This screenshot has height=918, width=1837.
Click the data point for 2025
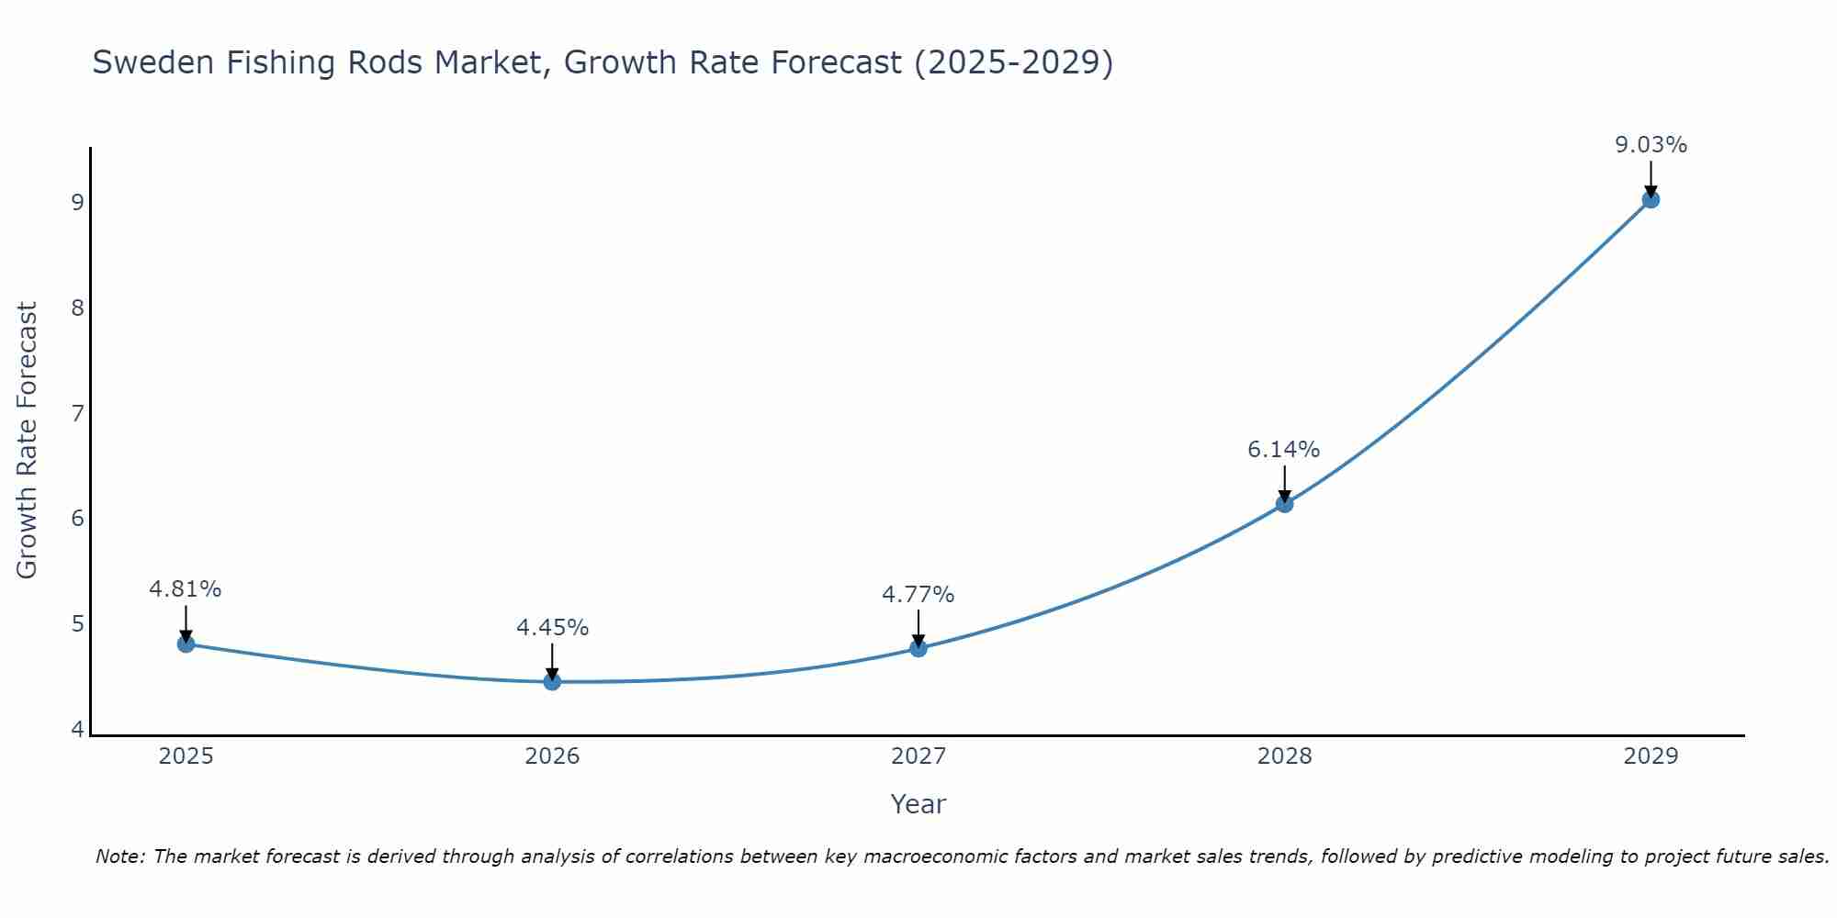(x=186, y=644)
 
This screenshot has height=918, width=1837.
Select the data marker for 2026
(x=552, y=681)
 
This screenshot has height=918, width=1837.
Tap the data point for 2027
(x=918, y=648)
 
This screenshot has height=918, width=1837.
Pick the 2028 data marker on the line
(x=1284, y=503)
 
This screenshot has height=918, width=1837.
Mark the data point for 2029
(x=1651, y=199)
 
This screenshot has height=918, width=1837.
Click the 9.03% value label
(x=1651, y=145)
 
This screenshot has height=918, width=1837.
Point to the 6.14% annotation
(x=1283, y=450)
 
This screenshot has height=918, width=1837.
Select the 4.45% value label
(x=552, y=628)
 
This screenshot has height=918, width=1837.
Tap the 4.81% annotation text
(x=186, y=589)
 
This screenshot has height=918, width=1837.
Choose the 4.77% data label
(x=918, y=595)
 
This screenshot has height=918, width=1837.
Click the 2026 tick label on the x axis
(x=552, y=756)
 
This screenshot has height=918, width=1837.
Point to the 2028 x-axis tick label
(x=1284, y=756)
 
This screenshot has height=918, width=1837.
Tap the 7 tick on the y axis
(x=77, y=413)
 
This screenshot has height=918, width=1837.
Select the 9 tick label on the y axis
(x=77, y=202)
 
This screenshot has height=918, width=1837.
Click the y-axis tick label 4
(x=77, y=730)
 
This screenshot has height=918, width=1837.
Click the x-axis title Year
(x=918, y=804)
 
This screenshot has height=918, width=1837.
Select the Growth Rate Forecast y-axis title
(x=28, y=441)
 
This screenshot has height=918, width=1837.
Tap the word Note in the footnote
(x=118, y=856)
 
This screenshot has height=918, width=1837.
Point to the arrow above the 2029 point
(x=1651, y=177)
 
